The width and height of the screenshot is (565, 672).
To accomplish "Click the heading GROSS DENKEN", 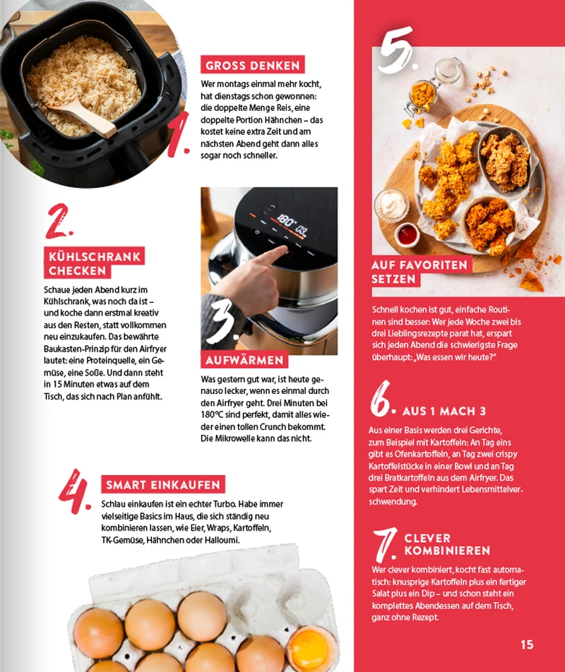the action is pos(253,65).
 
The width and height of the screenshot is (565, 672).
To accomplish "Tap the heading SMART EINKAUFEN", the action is pos(163,485).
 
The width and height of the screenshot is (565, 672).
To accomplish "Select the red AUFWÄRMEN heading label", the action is pos(244,360).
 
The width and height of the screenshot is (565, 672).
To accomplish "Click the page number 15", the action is pos(527,644).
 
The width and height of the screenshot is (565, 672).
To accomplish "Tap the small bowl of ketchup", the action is pos(407,235).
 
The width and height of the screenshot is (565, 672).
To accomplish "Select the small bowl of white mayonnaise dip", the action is pos(392,205).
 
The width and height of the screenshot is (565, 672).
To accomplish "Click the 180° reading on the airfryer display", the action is pos(285,222).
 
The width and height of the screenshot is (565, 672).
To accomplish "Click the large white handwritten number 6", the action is pos(381,399).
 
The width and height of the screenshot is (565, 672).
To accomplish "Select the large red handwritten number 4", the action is pos(74,491).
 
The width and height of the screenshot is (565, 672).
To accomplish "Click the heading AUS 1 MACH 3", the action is pos(444,412).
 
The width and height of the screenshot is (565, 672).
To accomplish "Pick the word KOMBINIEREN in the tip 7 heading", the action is pos(447,551).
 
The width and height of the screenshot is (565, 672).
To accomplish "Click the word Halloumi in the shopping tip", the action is pos(222,540).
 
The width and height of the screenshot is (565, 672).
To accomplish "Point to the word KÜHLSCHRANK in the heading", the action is pos(95,257).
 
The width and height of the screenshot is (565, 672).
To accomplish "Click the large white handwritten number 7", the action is pos(386,545).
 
